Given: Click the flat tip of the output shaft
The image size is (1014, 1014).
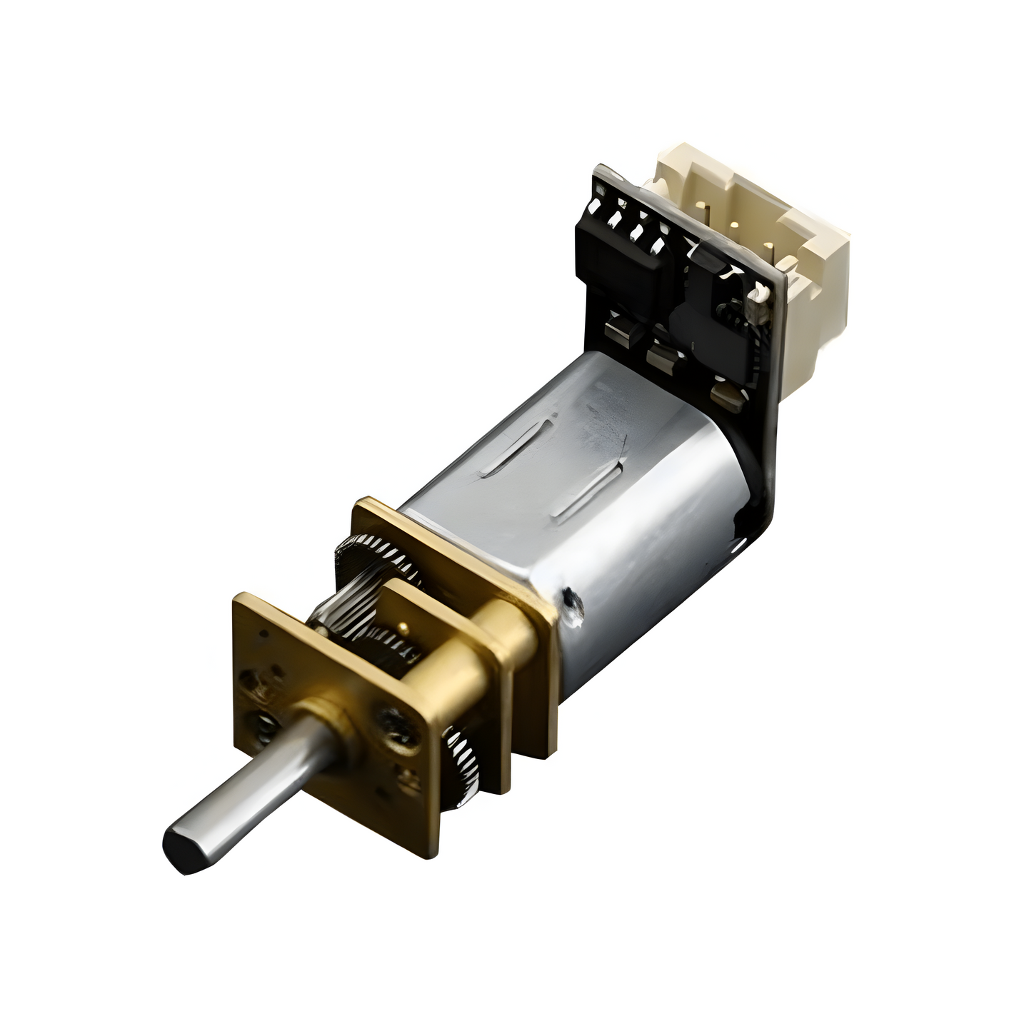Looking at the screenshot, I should (181, 849).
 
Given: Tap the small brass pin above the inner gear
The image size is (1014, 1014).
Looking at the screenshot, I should (404, 626).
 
